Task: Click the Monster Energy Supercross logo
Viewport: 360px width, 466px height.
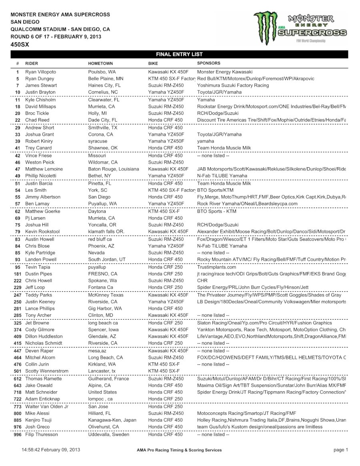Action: click(x=300, y=28)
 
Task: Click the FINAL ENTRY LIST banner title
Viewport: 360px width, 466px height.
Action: click(x=179, y=54)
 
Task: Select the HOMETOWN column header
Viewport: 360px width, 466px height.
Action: click(x=100, y=63)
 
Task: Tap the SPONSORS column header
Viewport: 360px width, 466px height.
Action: click(x=208, y=63)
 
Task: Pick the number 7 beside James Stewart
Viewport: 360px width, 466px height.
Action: click(x=18, y=86)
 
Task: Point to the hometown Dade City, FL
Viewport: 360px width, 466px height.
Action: click(x=103, y=120)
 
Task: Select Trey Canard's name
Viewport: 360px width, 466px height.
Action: click(x=38, y=148)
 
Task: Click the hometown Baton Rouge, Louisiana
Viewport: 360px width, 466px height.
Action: click(x=114, y=169)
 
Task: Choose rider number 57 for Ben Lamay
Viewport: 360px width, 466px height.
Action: click(x=18, y=204)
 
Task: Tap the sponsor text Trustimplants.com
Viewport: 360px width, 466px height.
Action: click(x=216, y=267)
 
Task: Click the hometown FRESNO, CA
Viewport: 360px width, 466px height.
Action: click(x=103, y=274)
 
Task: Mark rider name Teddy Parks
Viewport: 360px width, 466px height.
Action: click(x=38, y=295)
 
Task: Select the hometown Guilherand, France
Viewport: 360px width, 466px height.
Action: click(x=108, y=378)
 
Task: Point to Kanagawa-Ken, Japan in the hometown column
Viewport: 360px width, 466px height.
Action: click(x=112, y=420)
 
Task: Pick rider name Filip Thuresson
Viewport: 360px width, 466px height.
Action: click(x=42, y=434)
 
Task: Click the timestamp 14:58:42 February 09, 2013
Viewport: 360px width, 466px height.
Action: click(x=51, y=450)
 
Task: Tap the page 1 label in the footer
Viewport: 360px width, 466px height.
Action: click(x=341, y=450)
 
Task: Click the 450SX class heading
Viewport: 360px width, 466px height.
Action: click(x=20, y=44)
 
